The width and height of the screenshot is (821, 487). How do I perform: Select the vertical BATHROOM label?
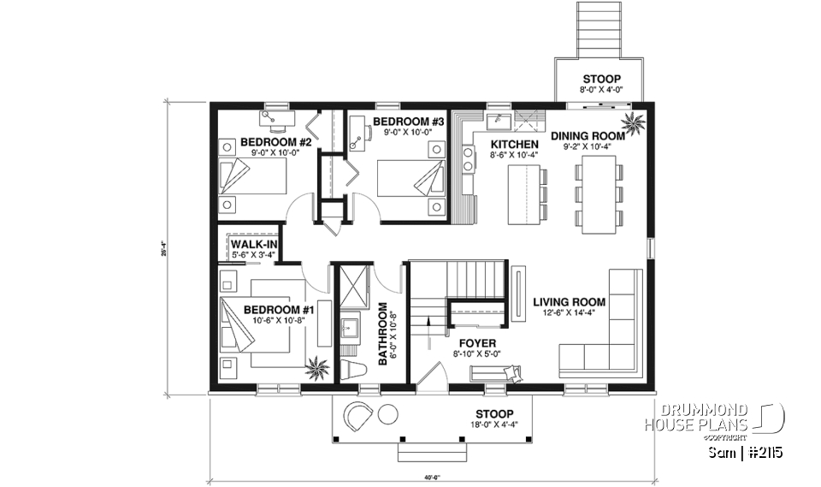[383, 334]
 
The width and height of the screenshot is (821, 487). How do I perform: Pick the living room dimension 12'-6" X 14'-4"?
[570, 313]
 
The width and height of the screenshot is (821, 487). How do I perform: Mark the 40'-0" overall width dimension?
[431, 478]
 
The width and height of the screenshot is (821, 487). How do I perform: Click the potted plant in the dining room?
[635, 122]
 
